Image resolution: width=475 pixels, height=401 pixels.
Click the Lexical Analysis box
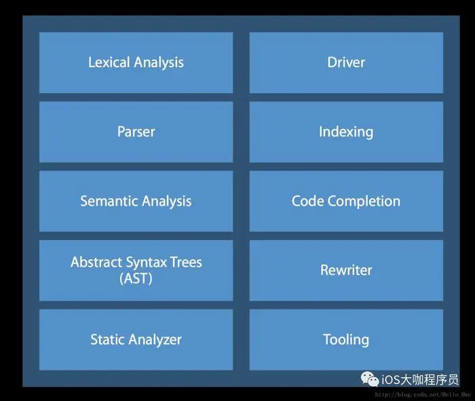pyautogui.click(x=136, y=62)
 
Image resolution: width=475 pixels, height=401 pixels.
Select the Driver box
pyautogui.click(x=346, y=62)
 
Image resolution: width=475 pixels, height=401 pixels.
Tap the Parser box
pyautogui.click(x=136, y=132)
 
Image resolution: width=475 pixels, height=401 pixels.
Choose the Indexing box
pyautogui.click(x=346, y=132)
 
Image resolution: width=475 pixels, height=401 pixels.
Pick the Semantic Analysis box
pyautogui.click(x=136, y=201)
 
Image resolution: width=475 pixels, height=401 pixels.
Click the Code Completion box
pyautogui.click(x=346, y=201)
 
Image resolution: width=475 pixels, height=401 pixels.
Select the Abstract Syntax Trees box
pyautogui.click(x=136, y=270)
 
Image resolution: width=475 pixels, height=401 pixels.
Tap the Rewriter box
pyautogui.click(x=346, y=270)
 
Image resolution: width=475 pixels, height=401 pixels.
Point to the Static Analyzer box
pyautogui.click(x=136, y=339)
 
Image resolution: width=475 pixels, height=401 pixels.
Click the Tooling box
pyautogui.click(x=346, y=339)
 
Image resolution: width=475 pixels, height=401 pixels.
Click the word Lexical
pyautogui.click(x=109, y=62)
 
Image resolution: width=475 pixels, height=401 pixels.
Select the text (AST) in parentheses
pyautogui.click(x=136, y=278)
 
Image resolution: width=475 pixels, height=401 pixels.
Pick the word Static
pyautogui.click(x=107, y=339)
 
